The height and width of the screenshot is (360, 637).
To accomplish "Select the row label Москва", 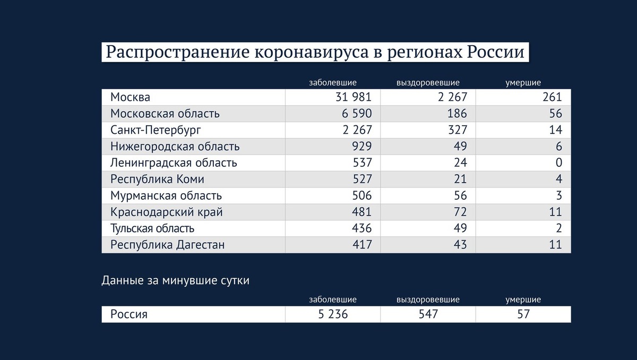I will point(130,98).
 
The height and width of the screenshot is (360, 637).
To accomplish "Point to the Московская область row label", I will point(165,114).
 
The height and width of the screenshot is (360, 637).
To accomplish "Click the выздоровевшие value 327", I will point(457,130).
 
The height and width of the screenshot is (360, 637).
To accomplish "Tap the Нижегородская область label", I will point(175,147).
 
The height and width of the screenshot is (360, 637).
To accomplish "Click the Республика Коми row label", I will point(157,179).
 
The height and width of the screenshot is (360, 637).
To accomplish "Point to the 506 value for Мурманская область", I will point(361,196).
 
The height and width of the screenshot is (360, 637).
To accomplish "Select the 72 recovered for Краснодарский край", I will point(460,212).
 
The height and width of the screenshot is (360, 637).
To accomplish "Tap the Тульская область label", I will point(152,229).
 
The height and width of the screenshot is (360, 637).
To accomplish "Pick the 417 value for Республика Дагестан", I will point(361,245).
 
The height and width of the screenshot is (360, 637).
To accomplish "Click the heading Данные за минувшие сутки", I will point(175,281).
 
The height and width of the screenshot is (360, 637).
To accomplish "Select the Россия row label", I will point(128,314).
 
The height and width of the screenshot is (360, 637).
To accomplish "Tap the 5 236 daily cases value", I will point(333,314).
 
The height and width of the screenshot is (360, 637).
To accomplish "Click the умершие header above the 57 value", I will point(523,300).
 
